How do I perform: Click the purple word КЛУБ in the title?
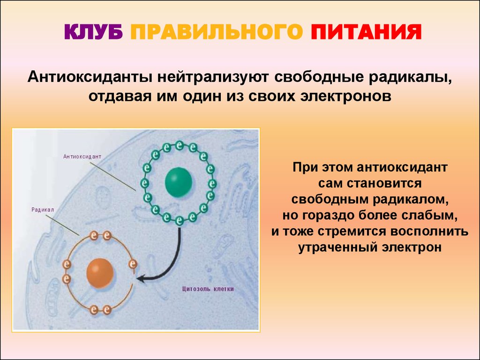click(93, 32)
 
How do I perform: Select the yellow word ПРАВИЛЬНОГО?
click(217, 32)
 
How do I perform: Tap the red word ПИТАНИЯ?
click(366, 32)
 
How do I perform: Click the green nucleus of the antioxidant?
click(179, 182)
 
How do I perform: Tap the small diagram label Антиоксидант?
click(82, 157)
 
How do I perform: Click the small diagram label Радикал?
click(43, 210)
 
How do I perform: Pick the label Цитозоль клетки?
click(208, 289)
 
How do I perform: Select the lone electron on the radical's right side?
click(133, 263)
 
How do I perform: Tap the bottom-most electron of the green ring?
click(180, 220)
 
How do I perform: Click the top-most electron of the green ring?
click(180, 145)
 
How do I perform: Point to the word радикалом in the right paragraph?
click(411, 199)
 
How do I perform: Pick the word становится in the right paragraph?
click(384, 183)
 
